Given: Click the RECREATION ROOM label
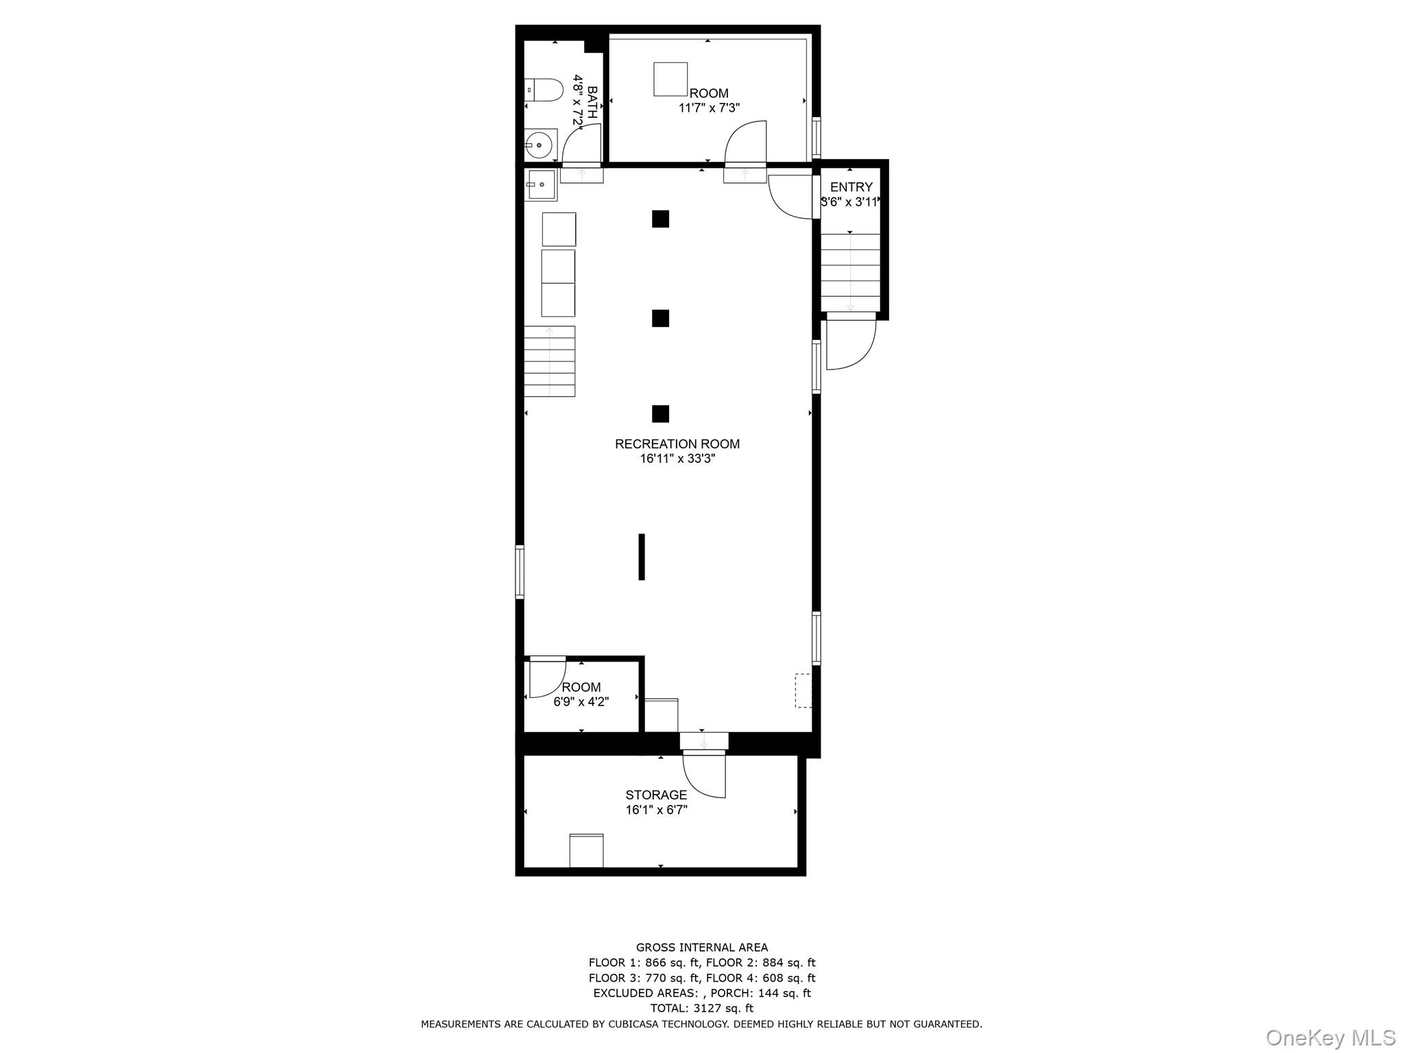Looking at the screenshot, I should point(677,444).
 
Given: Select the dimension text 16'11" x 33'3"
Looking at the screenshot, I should point(677,459).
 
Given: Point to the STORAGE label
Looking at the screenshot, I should point(655,795).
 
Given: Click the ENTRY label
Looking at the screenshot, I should point(851,187).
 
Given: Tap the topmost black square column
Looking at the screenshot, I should point(660,219).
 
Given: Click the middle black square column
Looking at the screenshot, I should point(660,318).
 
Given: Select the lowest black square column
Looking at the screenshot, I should point(660,413).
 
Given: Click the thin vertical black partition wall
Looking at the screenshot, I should point(642,557).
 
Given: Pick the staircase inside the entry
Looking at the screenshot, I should point(850,273).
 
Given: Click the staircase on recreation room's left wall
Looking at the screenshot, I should point(549,361).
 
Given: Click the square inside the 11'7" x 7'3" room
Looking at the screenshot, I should point(670,79).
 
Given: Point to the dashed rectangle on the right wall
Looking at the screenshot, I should point(803,690).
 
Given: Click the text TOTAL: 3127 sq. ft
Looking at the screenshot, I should point(701,1008).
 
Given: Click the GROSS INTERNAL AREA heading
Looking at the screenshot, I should point(701,947).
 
